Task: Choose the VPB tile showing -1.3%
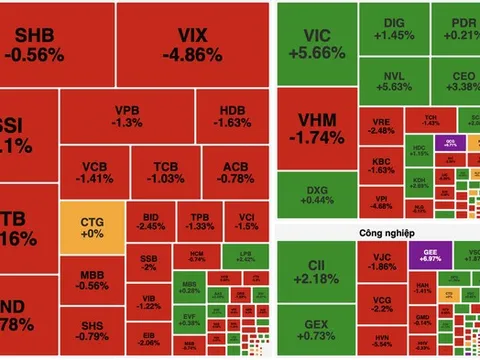click(128, 115)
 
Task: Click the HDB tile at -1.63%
click(230, 115)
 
